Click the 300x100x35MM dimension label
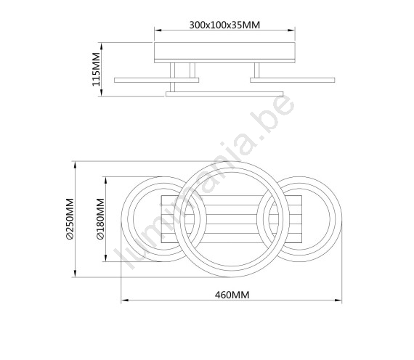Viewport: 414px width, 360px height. [x=224, y=25]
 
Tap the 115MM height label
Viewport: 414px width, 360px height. [x=97, y=69]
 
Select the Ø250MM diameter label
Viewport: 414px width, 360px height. [x=70, y=219]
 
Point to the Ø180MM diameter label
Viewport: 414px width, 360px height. [x=101, y=219]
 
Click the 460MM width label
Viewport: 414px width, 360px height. [x=232, y=295]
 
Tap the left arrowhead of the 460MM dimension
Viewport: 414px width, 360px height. [x=125, y=300]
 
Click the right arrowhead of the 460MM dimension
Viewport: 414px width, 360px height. [x=338, y=300]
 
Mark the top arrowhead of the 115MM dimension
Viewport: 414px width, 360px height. [x=102, y=46]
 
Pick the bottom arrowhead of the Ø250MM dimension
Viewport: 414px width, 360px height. [x=76, y=274]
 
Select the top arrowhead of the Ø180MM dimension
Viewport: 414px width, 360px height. [x=106, y=181]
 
